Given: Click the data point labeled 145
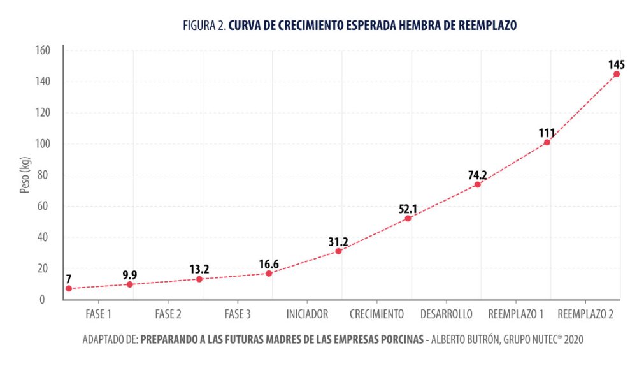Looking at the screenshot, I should coord(617,74).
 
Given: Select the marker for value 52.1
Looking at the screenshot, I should coord(408,218).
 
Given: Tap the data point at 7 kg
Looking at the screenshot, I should coord(68,288).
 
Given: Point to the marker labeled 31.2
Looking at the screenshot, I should coord(338,251).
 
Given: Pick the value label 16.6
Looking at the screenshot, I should coord(269,263).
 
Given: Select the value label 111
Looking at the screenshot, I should coord(547,133).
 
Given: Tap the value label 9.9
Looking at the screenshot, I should coord(130,275).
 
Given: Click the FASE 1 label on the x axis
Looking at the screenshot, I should coord(98,314).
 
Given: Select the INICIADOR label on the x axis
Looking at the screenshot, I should coord(307,314).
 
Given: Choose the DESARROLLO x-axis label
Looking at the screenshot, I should coord(446,314).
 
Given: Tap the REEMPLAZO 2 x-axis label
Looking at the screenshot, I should coord(585,314).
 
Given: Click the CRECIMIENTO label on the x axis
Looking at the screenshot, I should coord(376,314).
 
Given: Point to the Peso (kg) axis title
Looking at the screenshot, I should coord(24,175).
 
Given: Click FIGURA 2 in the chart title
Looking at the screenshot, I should coord(204,26).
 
